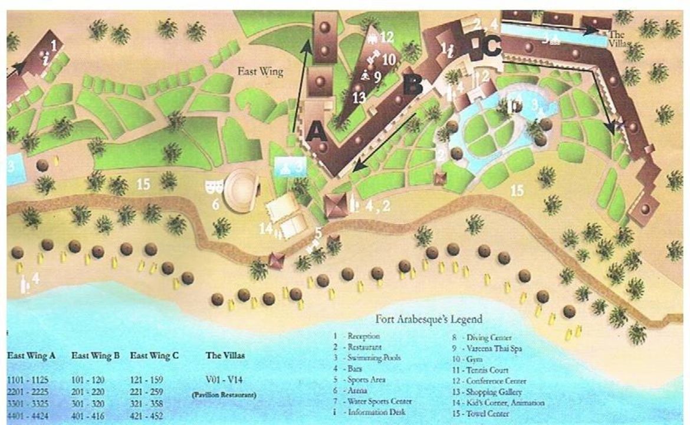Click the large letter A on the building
point(317,130)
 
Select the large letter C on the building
point(492,46)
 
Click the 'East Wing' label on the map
point(260,72)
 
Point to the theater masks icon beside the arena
point(214,187)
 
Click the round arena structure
point(242,190)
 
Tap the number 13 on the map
point(359,98)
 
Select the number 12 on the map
point(386,37)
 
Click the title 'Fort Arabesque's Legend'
point(429,319)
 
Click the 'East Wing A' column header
point(31,356)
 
